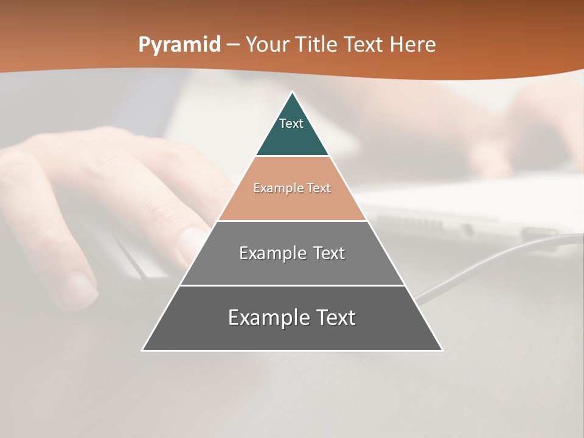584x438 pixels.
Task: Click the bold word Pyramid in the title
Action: pos(179,44)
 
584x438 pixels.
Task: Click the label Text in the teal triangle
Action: pos(291,123)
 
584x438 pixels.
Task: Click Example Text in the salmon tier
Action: pos(292,188)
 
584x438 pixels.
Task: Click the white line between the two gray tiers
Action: pos(292,285)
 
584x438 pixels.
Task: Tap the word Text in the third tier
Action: pos(329,253)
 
